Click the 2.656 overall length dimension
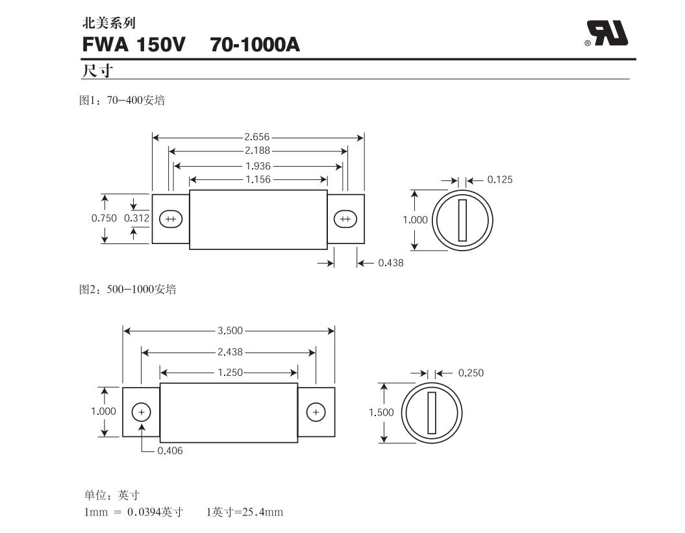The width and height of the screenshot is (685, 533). (257, 137)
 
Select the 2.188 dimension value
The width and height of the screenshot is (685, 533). (257, 151)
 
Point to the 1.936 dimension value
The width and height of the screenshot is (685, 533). (258, 166)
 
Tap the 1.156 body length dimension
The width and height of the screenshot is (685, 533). (257, 179)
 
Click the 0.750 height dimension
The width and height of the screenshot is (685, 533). (104, 219)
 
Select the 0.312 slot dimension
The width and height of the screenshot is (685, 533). (136, 219)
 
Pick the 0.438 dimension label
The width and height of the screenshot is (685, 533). (390, 263)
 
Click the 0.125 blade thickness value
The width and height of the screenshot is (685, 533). (499, 180)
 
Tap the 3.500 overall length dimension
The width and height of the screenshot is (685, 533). (230, 330)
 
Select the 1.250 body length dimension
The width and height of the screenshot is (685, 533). (229, 373)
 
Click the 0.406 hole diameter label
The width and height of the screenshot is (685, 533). (170, 451)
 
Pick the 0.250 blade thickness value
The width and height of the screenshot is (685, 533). (471, 373)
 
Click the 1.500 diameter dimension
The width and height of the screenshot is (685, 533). (381, 413)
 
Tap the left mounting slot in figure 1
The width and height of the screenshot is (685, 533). (171, 219)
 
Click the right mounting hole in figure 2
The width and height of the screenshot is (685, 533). (316, 412)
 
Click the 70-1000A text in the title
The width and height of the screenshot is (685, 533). (255, 45)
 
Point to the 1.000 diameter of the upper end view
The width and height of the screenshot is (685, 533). (415, 220)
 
